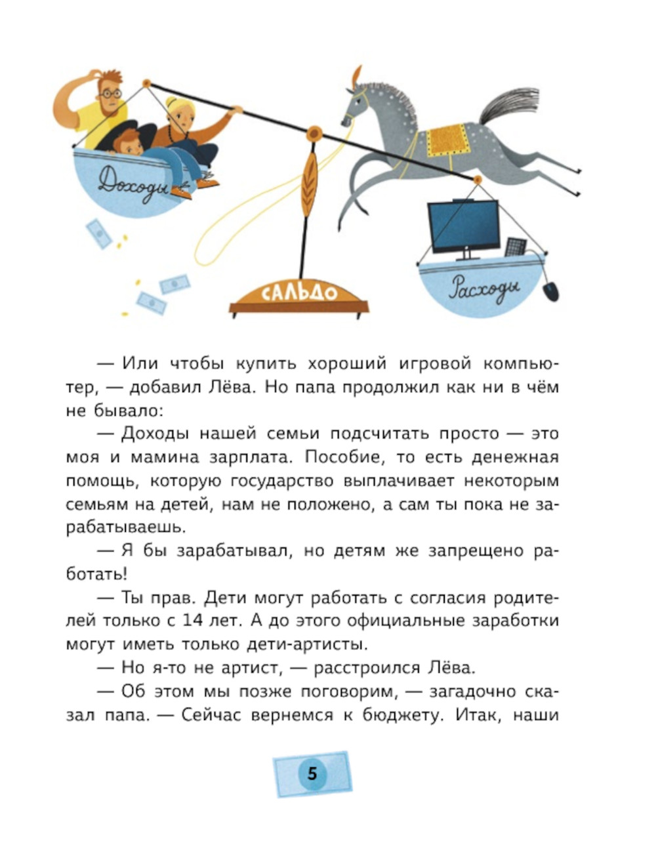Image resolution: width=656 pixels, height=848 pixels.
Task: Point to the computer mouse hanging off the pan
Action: tap(550, 291)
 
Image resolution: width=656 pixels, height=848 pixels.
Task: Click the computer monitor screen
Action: tap(464, 226)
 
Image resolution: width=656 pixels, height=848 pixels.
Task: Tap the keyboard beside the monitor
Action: tap(515, 247)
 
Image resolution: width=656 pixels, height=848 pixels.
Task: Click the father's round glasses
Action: tap(110, 94)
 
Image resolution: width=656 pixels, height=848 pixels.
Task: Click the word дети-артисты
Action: tap(307, 644)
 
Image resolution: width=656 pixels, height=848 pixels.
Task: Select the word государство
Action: tap(282, 481)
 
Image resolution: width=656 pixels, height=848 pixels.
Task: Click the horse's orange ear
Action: tap(357, 76)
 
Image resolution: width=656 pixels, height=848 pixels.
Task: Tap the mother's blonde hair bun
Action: tap(171, 104)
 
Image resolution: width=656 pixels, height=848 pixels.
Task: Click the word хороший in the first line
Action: tap(347, 364)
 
